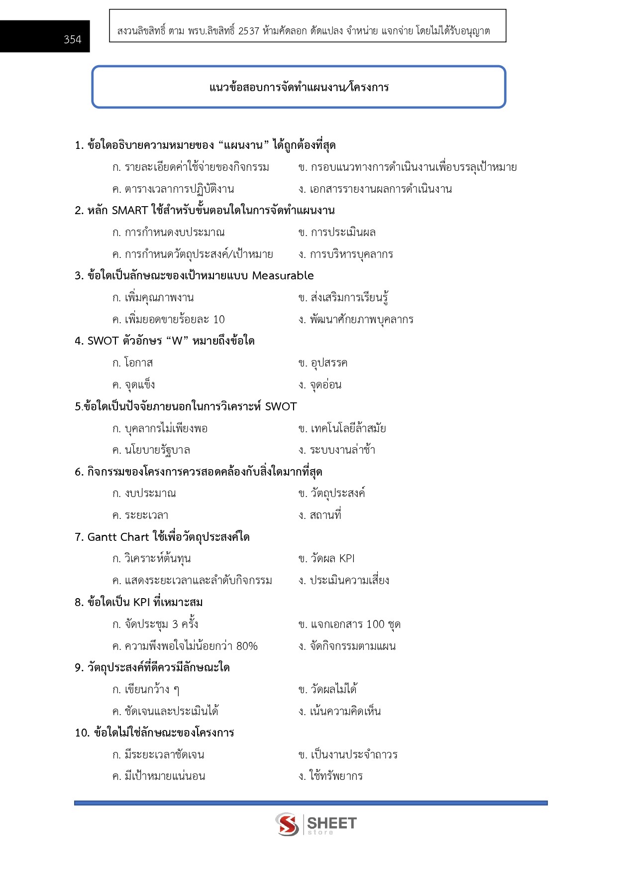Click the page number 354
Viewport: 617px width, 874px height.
72,39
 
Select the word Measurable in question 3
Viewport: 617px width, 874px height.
283,276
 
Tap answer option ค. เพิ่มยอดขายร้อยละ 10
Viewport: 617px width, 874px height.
168,320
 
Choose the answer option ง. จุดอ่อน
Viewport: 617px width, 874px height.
320,385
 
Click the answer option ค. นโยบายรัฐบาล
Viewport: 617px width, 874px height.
151,450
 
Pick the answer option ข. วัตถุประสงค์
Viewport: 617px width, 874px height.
331,494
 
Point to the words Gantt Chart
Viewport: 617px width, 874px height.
118,537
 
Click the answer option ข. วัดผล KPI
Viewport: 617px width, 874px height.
326,559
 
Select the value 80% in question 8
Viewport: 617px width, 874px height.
247,646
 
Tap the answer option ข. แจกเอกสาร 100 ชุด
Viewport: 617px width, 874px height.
349,624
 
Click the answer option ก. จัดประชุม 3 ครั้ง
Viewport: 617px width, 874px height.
155,624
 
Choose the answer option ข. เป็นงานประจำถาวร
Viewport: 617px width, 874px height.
348,755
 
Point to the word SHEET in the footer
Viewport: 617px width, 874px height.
332,823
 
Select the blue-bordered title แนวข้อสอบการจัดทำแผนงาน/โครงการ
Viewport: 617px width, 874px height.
299,88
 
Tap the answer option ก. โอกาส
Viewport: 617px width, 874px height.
132,363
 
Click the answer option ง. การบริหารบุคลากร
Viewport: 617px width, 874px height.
346,254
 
